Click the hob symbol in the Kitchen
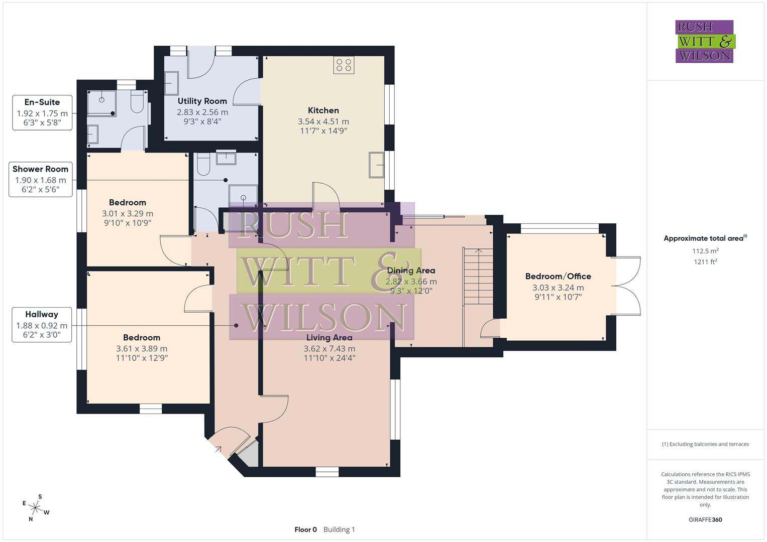coord(344,65)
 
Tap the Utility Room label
coord(202,101)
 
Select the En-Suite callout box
coord(42,112)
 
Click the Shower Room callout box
coord(40,179)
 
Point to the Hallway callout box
coord(42,325)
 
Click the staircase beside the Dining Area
coord(478,276)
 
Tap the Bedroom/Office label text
coord(558,277)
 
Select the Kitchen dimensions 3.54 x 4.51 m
coord(323,121)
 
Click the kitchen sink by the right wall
coord(376,165)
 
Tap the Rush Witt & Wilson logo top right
coord(704,42)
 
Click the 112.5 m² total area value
coord(705,251)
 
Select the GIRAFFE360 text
coord(705,520)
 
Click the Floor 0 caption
coord(305,529)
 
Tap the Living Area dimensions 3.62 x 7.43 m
coord(329,349)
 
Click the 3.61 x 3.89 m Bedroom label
coord(142,348)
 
